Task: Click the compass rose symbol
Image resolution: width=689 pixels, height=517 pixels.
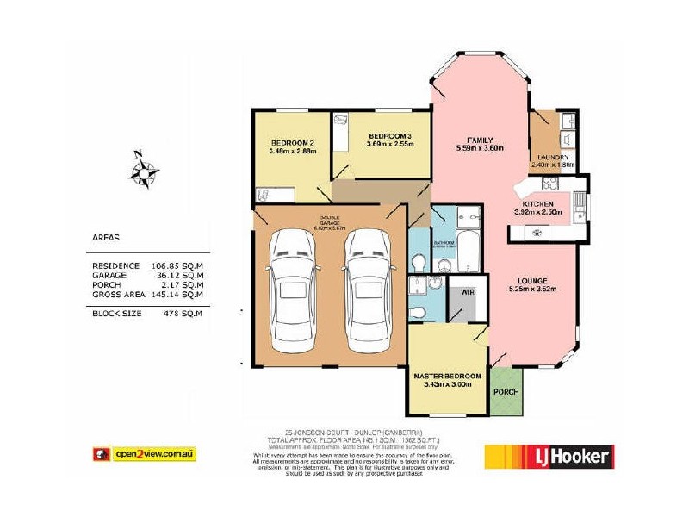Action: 144,168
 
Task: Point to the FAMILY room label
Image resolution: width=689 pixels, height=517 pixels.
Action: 480,140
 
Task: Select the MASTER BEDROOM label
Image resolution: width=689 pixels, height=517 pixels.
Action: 447,377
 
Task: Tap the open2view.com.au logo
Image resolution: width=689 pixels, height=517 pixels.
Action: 144,453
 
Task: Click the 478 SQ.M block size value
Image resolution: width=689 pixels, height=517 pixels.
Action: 183,313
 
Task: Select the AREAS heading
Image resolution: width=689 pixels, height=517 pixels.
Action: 105,236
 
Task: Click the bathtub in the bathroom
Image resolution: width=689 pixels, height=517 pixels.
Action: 470,251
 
